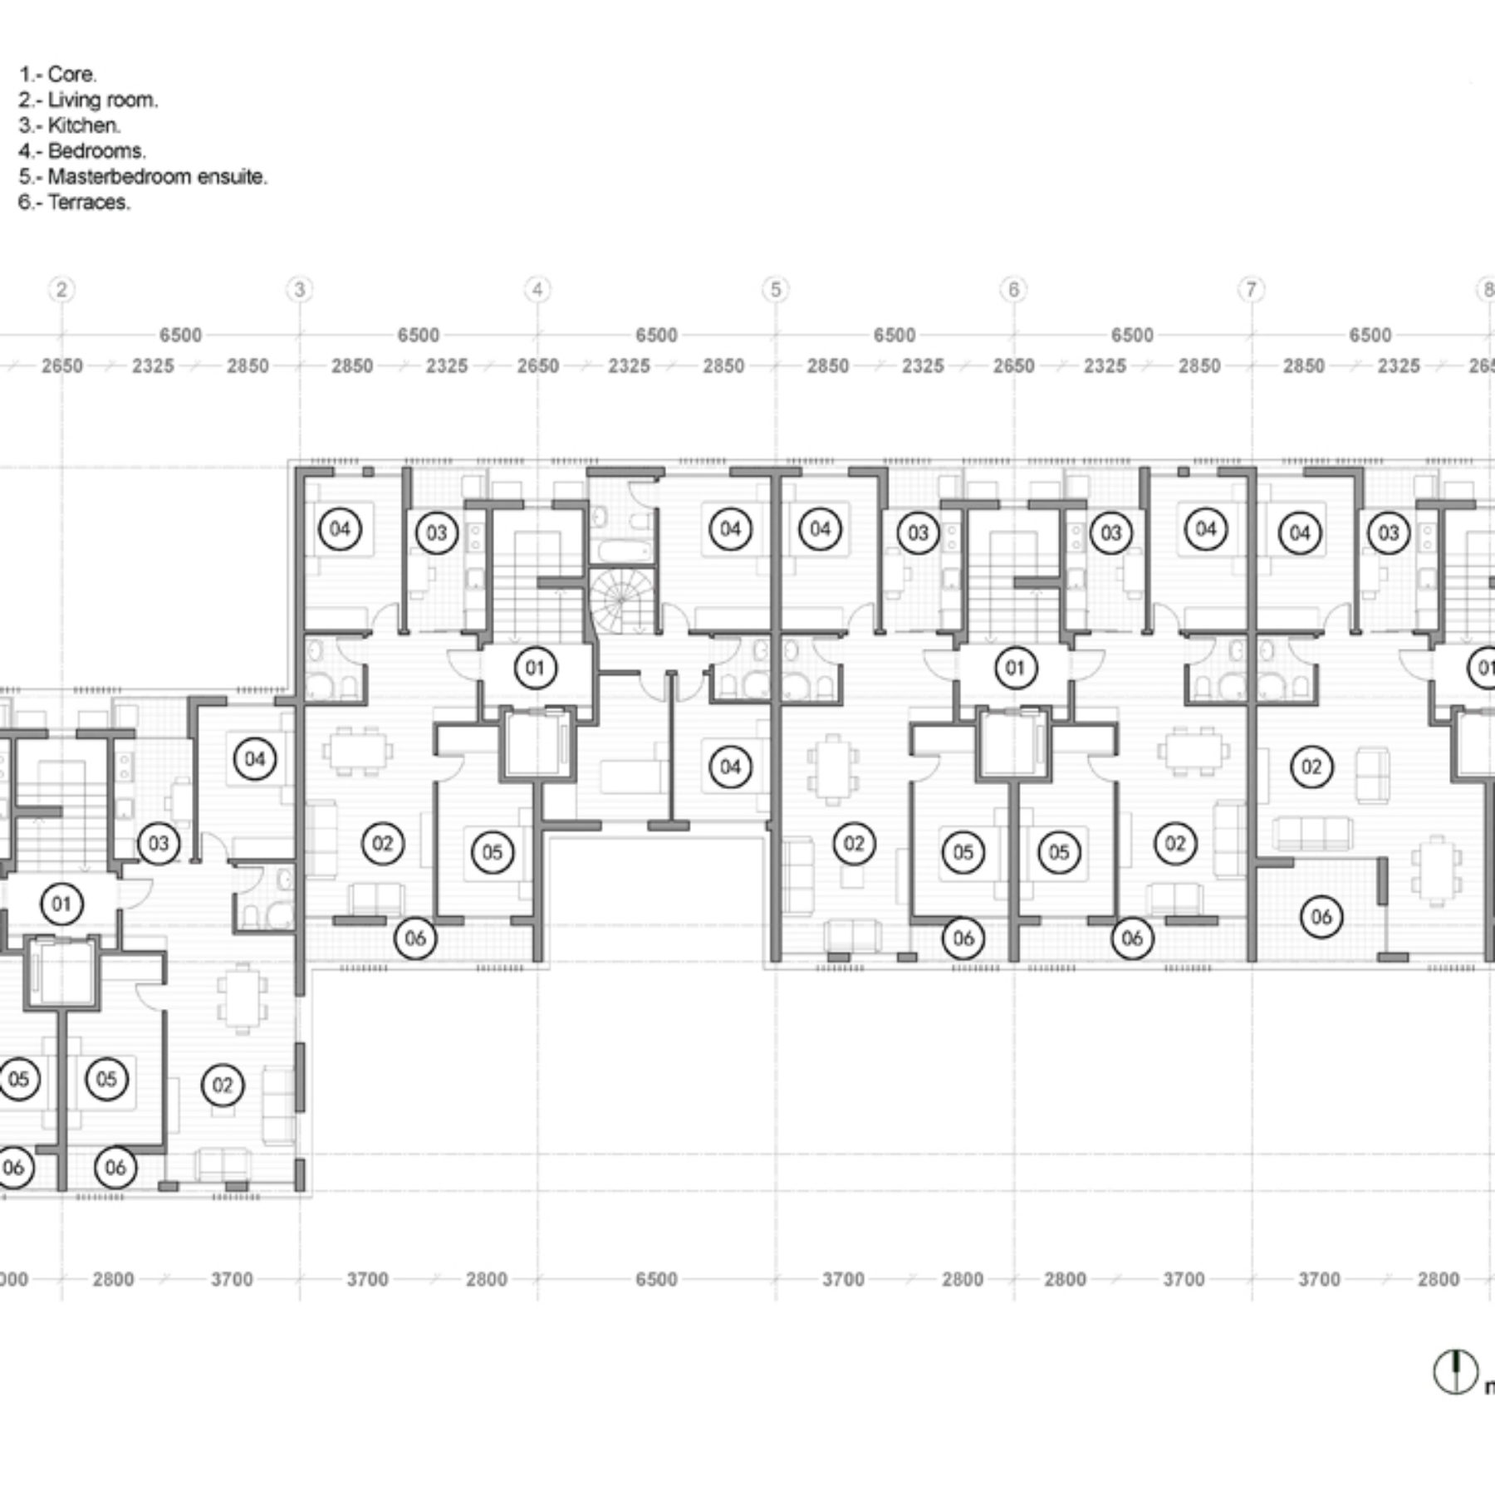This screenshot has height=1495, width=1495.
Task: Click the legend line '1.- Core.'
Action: pyautogui.click(x=58, y=74)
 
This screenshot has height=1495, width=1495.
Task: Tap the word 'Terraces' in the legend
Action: pyautogui.click(x=88, y=202)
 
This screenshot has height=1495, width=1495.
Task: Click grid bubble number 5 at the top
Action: pyautogui.click(x=775, y=289)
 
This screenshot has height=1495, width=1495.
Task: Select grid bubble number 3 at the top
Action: pyautogui.click(x=299, y=289)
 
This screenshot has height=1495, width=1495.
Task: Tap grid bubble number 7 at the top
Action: pyautogui.click(x=1251, y=289)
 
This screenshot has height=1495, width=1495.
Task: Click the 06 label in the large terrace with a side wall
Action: pyautogui.click(x=1321, y=917)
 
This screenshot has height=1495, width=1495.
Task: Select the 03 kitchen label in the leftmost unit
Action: pyautogui.click(x=158, y=844)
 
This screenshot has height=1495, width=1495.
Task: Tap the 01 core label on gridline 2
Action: pyautogui.click(x=61, y=904)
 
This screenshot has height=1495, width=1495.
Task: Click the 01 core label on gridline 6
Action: pyautogui.click(x=1015, y=668)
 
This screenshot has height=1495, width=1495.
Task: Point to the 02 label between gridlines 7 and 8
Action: pyautogui.click(x=1311, y=767)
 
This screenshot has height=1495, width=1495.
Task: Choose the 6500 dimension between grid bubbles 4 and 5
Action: pyautogui.click(x=656, y=336)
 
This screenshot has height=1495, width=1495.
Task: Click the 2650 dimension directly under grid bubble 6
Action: pyautogui.click(x=1013, y=366)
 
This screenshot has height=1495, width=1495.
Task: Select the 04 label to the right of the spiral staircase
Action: pyautogui.click(x=730, y=529)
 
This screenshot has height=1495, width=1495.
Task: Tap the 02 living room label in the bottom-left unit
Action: pyautogui.click(x=222, y=1085)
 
